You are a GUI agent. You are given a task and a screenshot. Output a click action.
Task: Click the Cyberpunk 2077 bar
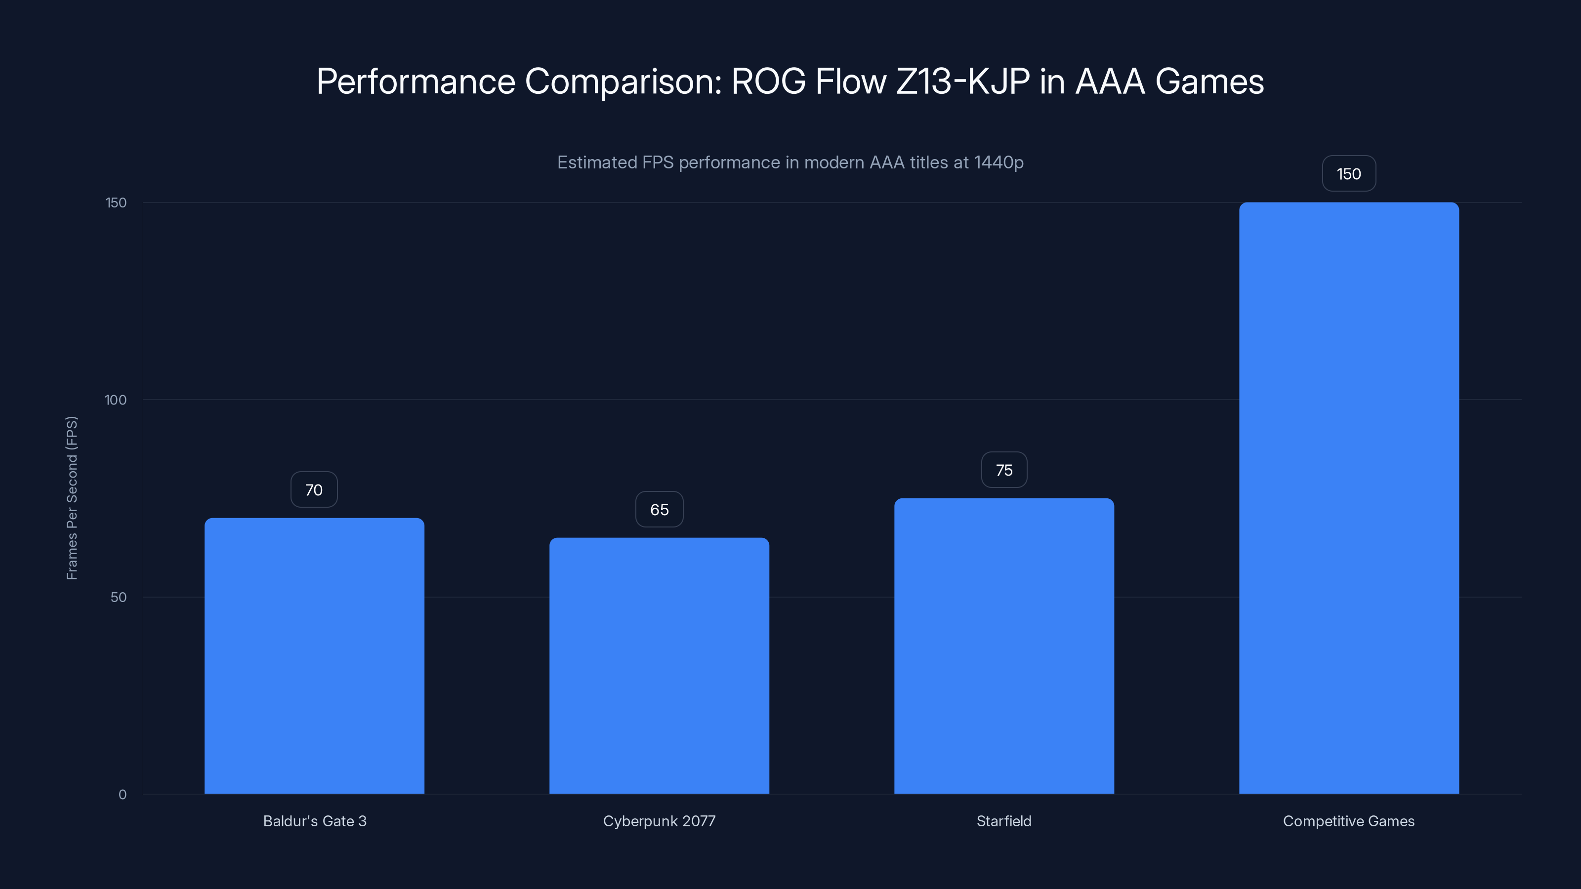coord(659,665)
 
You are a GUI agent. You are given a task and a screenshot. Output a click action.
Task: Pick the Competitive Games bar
coord(1349,497)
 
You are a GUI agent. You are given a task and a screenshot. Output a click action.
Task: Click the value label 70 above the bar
coord(314,489)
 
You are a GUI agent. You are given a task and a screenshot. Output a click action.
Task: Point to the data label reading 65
coord(659,509)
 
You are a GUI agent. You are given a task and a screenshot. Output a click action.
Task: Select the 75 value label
coord(1004,470)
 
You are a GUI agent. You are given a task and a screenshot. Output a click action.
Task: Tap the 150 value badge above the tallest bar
coord(1349,174)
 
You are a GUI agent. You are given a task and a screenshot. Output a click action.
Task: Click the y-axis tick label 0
coord(122,795)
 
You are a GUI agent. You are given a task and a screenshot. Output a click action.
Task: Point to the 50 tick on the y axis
coord(119,597)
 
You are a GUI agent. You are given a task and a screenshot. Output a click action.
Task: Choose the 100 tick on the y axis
coord(116,400)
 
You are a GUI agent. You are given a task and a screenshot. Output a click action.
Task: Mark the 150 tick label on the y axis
coord(116,202)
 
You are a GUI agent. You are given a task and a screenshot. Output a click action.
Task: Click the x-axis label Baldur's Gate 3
coord(314,821)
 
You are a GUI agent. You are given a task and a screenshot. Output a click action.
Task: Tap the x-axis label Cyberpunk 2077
coord(659,821)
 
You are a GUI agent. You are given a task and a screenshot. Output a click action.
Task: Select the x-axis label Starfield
coord(1004,821)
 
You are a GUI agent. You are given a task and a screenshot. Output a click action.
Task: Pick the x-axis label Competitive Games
coord(1349,821)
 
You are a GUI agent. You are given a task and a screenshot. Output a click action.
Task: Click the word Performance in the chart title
coord(416,81)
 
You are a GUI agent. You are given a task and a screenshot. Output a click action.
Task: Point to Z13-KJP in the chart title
coord(962,81)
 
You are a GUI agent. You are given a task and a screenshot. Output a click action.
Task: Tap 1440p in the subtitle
coord(998,162)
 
